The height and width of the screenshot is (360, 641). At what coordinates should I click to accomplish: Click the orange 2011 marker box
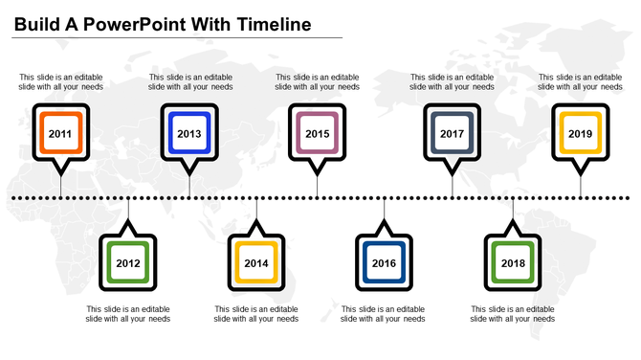click(60, 134)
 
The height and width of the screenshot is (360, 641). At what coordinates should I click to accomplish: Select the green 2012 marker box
click(128, 262)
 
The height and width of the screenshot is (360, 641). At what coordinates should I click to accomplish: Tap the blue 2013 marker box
click(189, 134)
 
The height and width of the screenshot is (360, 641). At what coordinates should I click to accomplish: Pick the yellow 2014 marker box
click(256, 262)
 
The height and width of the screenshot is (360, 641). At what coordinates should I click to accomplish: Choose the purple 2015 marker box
click(318, 134)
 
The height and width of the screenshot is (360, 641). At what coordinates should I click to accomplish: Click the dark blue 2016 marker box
click(384, 262)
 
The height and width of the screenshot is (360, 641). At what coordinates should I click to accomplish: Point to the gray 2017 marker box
click(453, 134)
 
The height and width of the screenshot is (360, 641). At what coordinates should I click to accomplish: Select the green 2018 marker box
click(513, 262)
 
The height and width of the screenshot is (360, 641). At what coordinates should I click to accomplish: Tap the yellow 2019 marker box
click(580, 134)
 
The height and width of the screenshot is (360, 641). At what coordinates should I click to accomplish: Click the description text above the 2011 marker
click(61, 81)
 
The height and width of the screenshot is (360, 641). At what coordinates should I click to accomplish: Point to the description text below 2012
click(128, 314)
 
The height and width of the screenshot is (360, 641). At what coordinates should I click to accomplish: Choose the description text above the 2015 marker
click(318, 81)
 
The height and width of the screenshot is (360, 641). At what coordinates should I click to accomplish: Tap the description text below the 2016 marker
click(384, 314)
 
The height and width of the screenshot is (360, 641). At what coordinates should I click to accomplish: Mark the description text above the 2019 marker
click(580, 81)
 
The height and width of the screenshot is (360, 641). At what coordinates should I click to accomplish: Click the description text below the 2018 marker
click(513, 314)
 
